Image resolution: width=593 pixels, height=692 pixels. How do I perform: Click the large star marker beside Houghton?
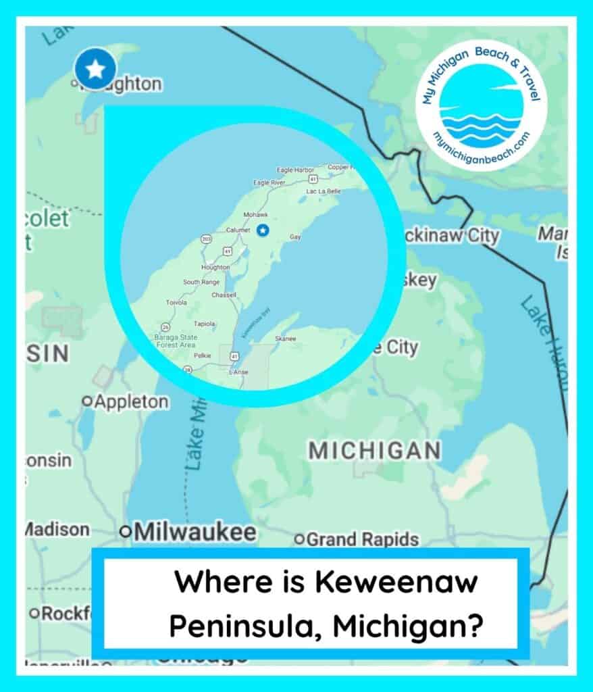(95, 68)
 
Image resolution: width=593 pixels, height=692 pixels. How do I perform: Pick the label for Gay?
(295, 237)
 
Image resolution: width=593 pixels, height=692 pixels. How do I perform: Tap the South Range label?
(201, 282)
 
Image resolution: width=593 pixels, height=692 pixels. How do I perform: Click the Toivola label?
(178, 302)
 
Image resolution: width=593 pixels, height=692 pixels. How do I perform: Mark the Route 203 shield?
(206, 239)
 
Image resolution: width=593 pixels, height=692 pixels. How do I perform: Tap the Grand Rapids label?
(362, 539)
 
